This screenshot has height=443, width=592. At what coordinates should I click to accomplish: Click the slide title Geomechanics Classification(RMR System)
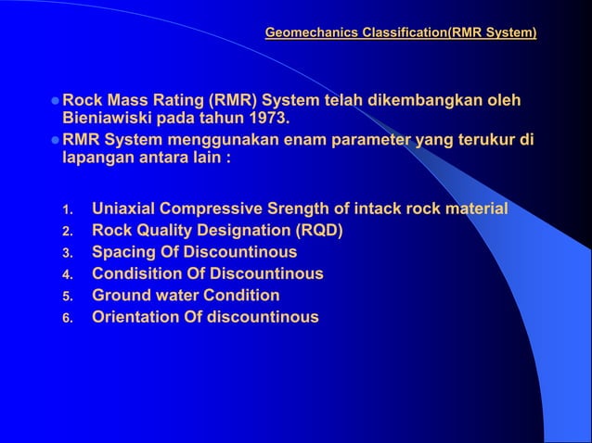(400, 33)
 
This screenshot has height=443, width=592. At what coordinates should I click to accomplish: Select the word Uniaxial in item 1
(125, 209)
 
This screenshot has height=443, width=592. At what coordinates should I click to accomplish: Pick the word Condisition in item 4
(139, 273)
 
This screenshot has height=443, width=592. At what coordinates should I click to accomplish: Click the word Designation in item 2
(258, 230)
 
